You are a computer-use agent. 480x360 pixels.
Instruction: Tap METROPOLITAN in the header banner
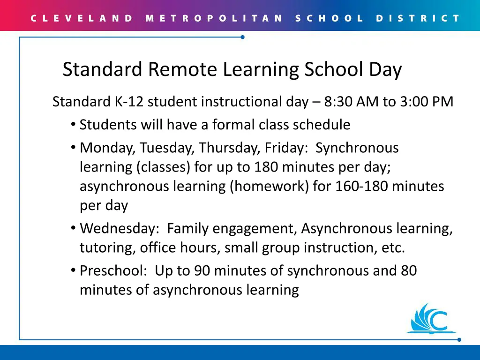[214, 19]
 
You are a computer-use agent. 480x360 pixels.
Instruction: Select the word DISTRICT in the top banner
[418, 19]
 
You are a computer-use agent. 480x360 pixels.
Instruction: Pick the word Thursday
[228, 148]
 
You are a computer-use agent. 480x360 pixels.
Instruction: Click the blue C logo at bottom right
[431, 319]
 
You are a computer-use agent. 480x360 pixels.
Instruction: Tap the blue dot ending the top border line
[242, 37]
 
